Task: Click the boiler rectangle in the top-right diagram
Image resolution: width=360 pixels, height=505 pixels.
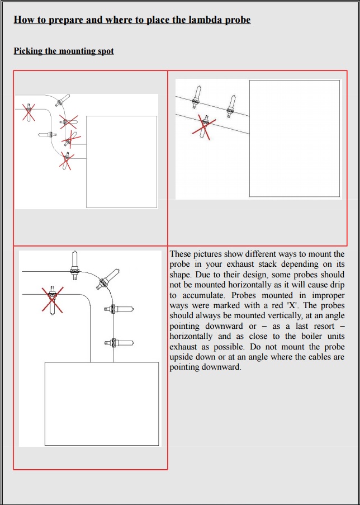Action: click(x=294, y=138)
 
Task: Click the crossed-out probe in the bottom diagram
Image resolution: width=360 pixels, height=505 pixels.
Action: click(x=52, y=299)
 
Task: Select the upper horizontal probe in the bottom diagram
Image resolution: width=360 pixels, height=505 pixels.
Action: click(x=119, y=308)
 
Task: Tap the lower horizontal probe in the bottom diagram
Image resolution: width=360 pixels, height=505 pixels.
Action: click(x=119, y=342)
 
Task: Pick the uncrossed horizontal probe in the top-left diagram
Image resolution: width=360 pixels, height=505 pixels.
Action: click(x=48, y=135)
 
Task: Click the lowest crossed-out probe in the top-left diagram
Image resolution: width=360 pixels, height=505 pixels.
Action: click(x=67, y=161)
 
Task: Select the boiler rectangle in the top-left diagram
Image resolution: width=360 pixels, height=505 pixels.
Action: click(x=121, y=162)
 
